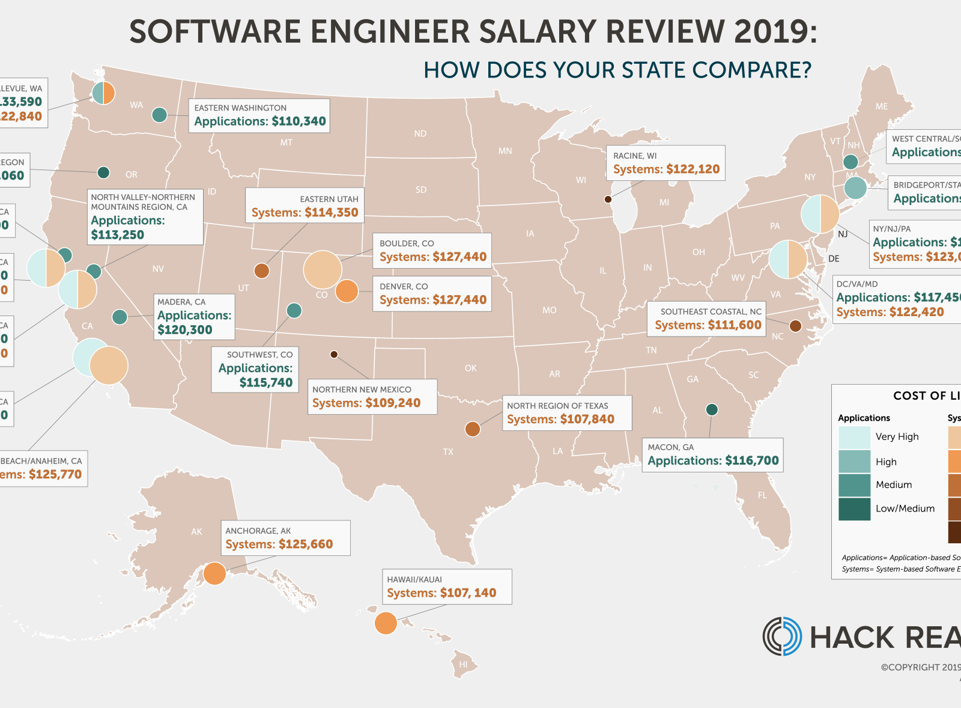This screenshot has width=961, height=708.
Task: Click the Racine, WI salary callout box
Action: coord(665,163)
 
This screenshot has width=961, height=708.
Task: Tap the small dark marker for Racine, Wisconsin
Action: coord(608,199)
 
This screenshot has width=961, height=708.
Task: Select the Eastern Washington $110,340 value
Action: coord(299,121)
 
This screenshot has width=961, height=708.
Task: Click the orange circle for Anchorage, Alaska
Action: coord(214,573)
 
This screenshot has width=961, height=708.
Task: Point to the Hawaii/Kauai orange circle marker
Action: coord(386,623)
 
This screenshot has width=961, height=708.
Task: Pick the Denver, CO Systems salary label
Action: coord(432,300)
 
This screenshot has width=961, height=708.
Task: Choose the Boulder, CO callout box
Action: coord(432,251)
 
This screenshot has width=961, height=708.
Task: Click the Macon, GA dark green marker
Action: coord(712,410)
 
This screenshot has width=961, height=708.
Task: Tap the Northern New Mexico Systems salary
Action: coord(366,403)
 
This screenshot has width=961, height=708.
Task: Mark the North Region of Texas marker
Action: coord(473,429)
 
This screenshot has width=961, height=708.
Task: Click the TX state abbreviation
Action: coord(448,452)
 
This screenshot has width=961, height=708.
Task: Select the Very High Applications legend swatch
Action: coord(854,437)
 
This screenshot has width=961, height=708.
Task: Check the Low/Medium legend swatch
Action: coord(854,508)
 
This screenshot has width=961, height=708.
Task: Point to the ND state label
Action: coord(420,133)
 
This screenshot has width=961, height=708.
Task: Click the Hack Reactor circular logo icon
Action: coord(782,636)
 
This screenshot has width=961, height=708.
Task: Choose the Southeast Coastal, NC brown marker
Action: coord(795,326)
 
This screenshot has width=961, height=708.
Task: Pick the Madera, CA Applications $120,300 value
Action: coord(185,330)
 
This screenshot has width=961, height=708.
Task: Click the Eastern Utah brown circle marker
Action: coord(261,270)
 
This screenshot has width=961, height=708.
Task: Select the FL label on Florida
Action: coord(762,495)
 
